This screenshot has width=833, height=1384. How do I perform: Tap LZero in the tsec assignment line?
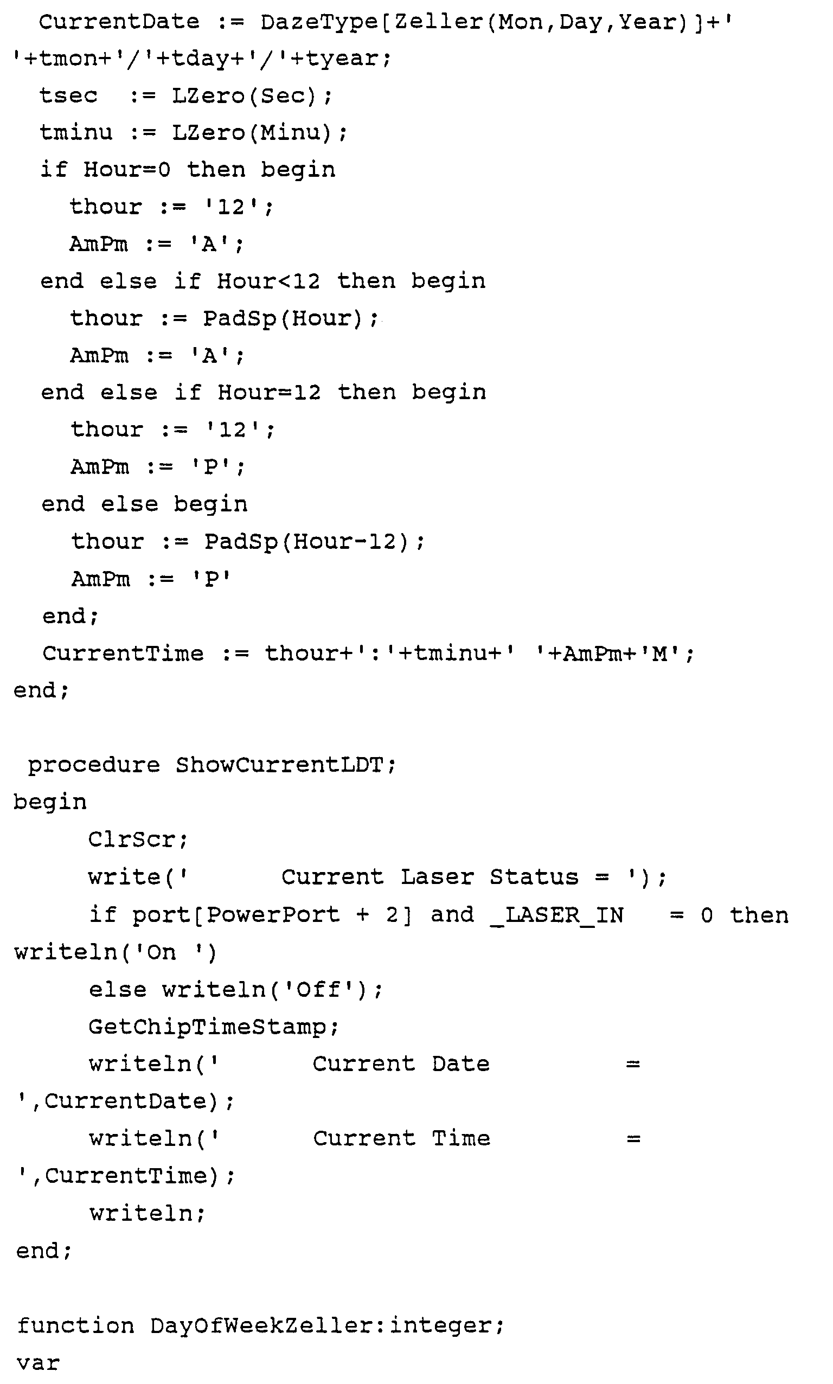(208, 96)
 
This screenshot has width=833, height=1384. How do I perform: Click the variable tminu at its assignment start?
(76, 133)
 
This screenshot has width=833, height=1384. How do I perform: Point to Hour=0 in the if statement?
(127, 170)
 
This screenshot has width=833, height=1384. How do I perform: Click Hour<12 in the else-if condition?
(268, 281)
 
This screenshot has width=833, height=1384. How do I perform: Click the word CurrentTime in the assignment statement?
(123, 653)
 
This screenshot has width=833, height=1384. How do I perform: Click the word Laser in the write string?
(437, 876)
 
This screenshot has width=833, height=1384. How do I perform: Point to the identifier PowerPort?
(273, 915)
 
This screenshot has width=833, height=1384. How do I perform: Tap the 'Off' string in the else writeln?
(318, 989)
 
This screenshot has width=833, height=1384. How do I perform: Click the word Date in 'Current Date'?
(460, 1063)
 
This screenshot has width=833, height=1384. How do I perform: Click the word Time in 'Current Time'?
(461, 1138)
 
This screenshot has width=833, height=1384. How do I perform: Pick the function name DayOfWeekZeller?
(261, 1325)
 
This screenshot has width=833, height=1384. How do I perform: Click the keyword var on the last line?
(38, 1363)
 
